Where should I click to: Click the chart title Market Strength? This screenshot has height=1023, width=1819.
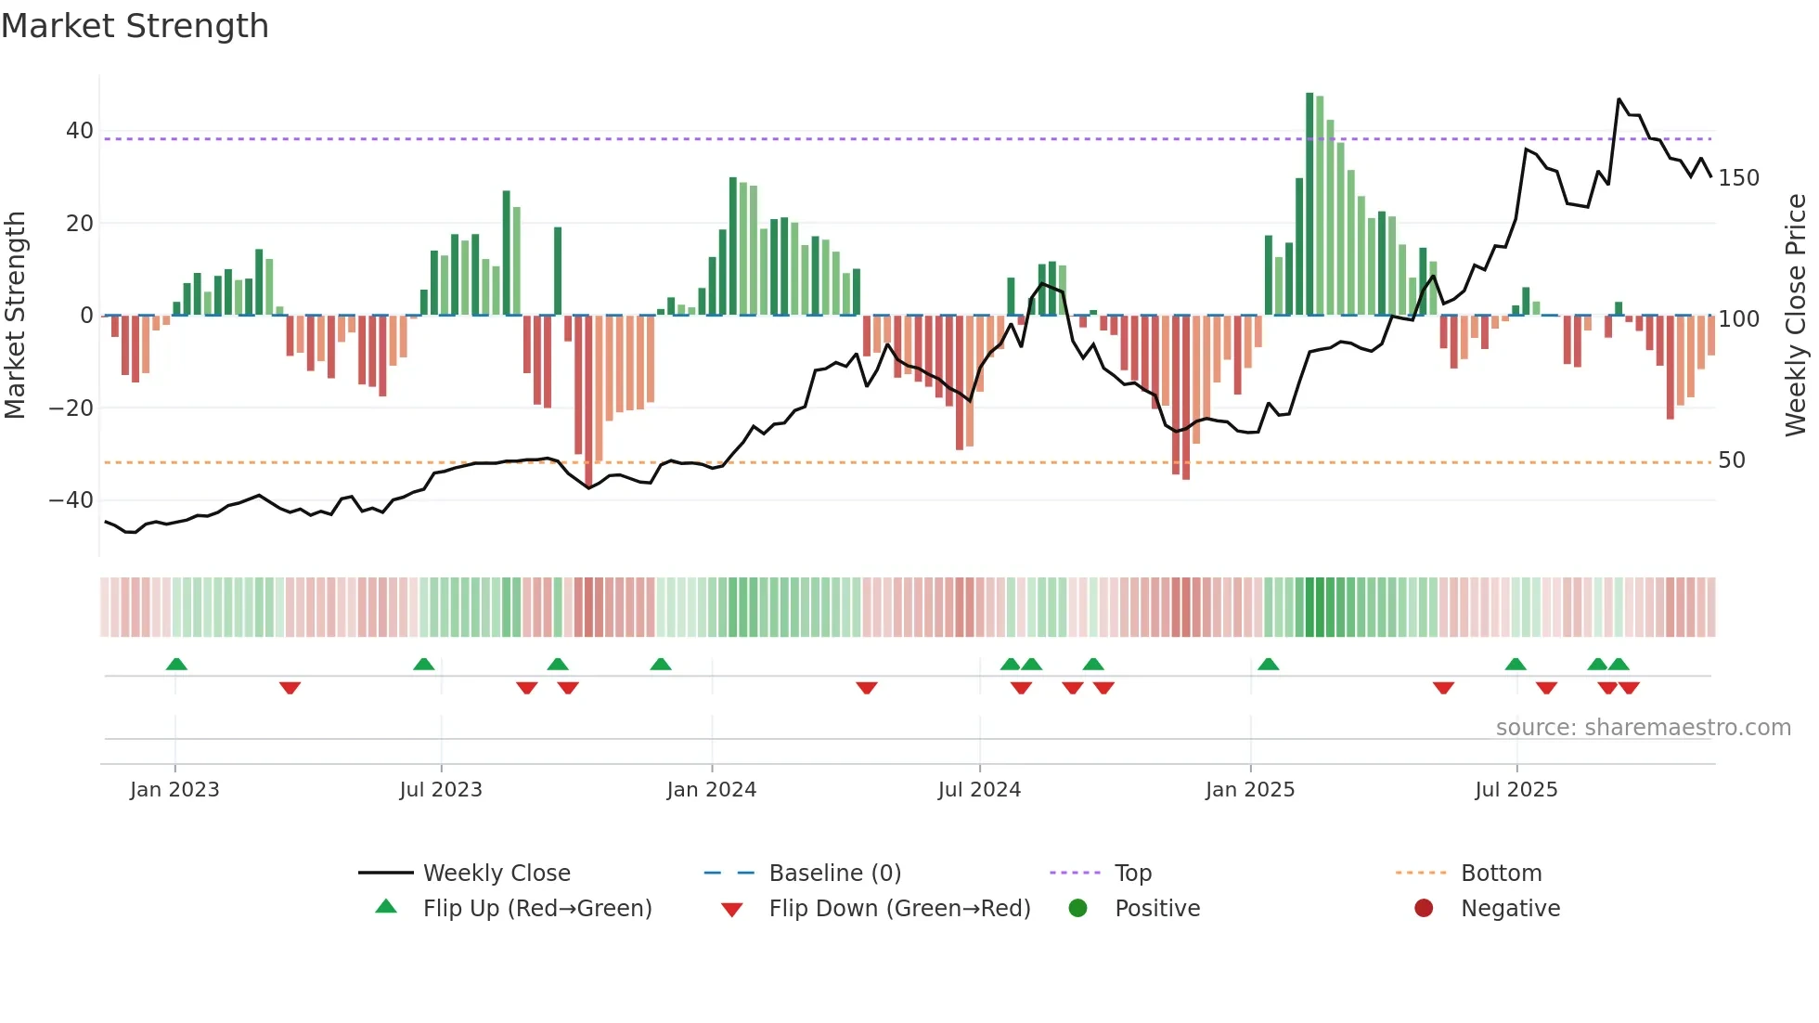(135, 26)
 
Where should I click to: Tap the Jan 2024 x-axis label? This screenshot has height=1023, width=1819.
(711, 790)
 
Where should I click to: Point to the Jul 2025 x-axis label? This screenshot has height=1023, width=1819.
(1516, 790)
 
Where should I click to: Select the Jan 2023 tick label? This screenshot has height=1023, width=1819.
(174, 790)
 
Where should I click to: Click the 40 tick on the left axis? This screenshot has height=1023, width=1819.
(80, 131)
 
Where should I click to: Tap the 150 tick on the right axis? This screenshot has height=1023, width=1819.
(1738, 178)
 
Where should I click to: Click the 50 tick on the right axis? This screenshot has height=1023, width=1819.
(1732, 460)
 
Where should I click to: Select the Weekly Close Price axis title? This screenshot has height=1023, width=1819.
(1796, 316)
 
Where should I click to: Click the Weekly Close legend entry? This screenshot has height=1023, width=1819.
(497, 874)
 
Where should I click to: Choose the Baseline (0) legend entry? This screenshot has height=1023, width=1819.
(834, 874)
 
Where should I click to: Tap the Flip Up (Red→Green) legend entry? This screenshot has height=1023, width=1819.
(537, 909)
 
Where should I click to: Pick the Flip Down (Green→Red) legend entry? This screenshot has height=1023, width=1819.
(899, 909)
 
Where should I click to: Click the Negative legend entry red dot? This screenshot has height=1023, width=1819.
(1424, 909)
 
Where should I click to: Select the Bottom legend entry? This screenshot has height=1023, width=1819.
(1501, 874)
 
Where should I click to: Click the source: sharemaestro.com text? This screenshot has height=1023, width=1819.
(1643, 728)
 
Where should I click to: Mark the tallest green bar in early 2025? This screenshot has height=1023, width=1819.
(1309, 204)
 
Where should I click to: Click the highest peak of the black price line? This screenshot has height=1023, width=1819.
(1619, 99)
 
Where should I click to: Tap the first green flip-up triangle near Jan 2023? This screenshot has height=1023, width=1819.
(176, 664)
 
